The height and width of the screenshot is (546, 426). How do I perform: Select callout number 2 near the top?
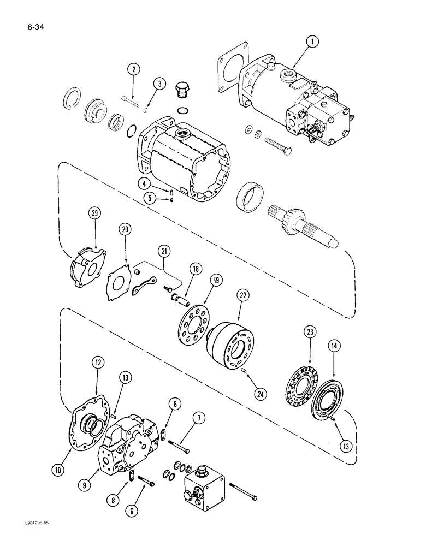133,69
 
